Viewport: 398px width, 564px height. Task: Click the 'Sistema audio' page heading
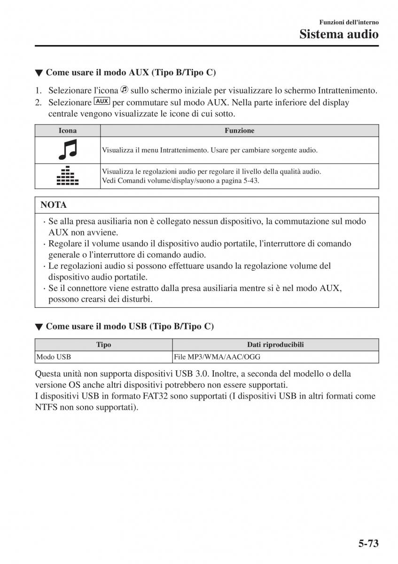coord(339,34)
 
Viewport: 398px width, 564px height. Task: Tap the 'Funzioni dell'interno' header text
coord(349,22)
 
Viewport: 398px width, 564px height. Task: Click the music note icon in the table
coord(68,150)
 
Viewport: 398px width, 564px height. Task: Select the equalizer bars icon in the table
coord(68,176)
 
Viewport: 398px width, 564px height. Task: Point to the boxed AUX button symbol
coord(102,102)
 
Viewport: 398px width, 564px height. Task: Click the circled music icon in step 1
coord(125,90)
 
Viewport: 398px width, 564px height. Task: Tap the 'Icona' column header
coord(68,131)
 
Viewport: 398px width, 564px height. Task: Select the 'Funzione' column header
coord(239,131)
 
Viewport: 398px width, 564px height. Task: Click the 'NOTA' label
coord(54,205)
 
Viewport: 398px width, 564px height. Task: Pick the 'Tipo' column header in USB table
coord(103,345)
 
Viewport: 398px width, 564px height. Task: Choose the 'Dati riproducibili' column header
coord(275,345)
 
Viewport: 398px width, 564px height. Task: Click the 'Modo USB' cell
coord(53,357)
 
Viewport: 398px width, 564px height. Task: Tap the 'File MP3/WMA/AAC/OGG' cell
coord(217,357)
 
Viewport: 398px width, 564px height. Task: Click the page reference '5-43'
coord(249,180)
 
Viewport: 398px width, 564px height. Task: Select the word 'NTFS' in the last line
coord(46,407)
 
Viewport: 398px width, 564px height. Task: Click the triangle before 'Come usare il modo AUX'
coord(39,73)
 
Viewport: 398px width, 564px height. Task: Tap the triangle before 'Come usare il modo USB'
coord(39,327)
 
